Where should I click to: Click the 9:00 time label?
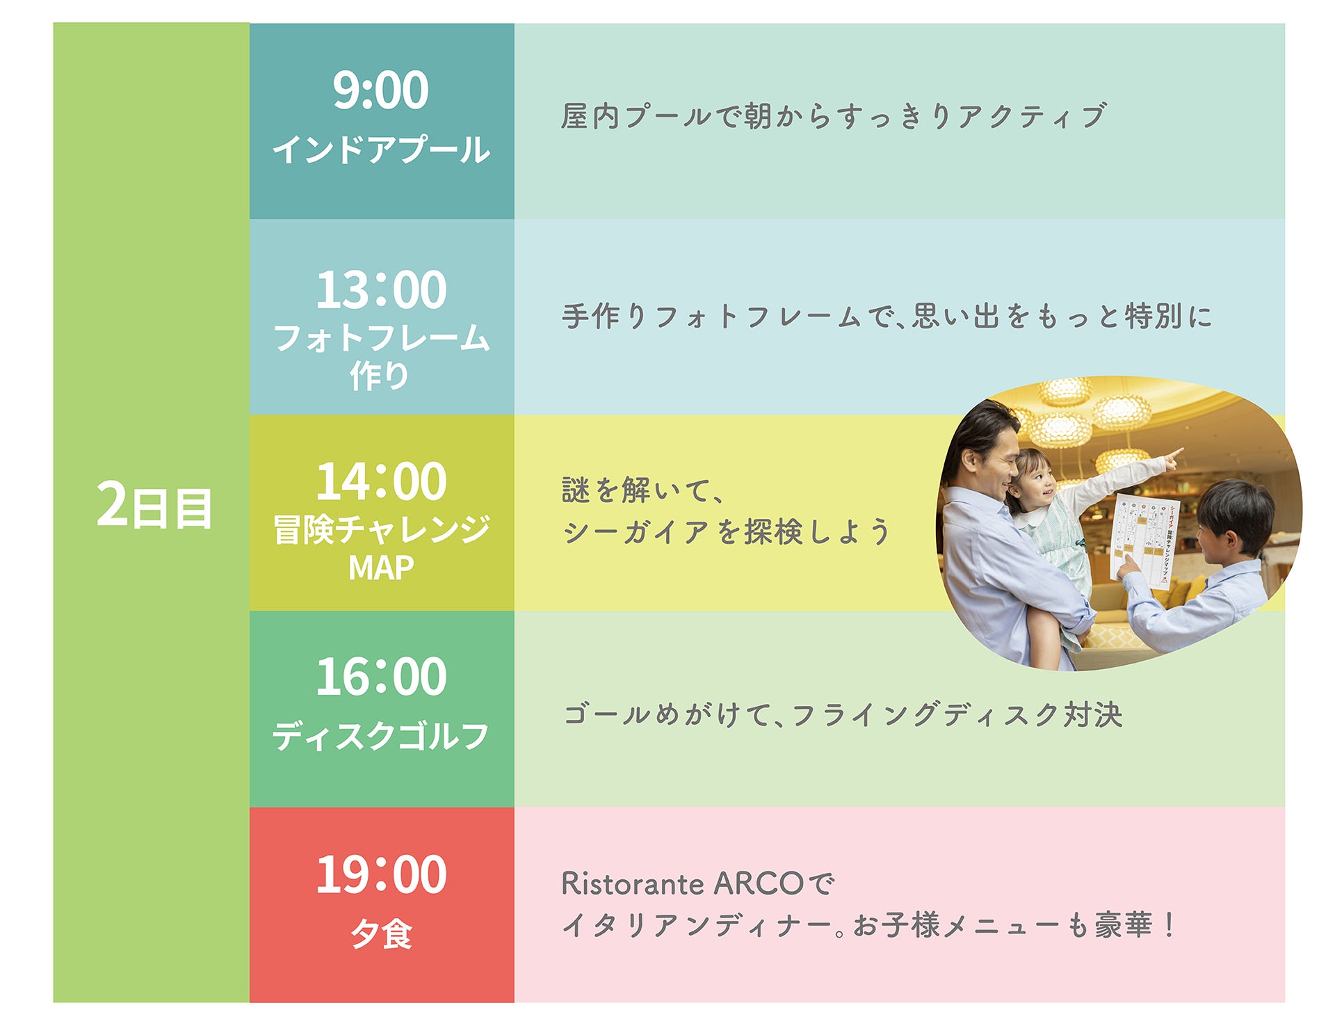pos(380,90)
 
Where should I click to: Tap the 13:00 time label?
pos(381,290)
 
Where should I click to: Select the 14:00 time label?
pos(381,481)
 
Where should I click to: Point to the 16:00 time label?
pos(381,677)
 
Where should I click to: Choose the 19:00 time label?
pos(381,874)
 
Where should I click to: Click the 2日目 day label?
pos(154,506)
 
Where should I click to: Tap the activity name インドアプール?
pos(381,150)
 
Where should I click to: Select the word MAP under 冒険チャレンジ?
pos(381,568)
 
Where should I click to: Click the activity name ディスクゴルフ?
pos(381,736)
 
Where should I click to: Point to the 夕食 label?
pos(381,933)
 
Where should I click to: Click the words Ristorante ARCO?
pos(682,884)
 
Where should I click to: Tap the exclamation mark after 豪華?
pos(1170,925)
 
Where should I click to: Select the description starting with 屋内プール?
pos(833,116)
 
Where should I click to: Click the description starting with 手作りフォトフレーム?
pos(887,316)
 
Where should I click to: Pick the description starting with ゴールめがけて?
pos(843,715)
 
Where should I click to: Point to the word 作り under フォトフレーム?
pos(380,376)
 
